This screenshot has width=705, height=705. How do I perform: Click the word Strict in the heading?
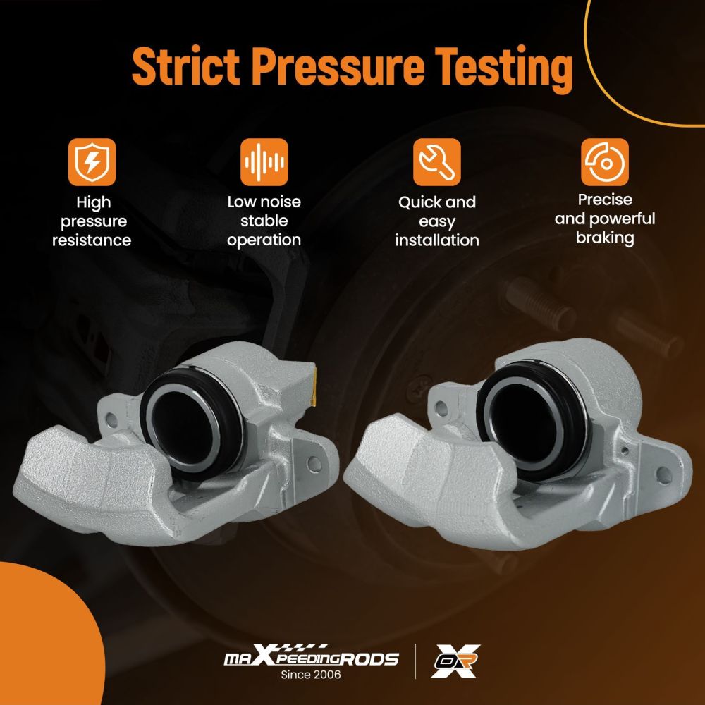185,66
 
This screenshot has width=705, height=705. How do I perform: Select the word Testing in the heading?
505,69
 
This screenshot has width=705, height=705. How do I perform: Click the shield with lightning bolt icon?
92,162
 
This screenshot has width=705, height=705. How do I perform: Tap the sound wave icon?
264,162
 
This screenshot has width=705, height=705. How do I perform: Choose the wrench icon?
437,162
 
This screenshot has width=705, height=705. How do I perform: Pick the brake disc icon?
605,162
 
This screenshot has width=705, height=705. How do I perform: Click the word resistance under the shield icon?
92,240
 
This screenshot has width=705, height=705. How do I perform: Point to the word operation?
264,240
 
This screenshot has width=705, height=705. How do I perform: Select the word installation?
437,240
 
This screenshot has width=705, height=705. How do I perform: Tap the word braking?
605,238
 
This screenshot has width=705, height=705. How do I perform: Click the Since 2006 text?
311,675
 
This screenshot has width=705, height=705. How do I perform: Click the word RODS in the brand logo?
369,659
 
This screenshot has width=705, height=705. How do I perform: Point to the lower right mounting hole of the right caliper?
663,474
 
